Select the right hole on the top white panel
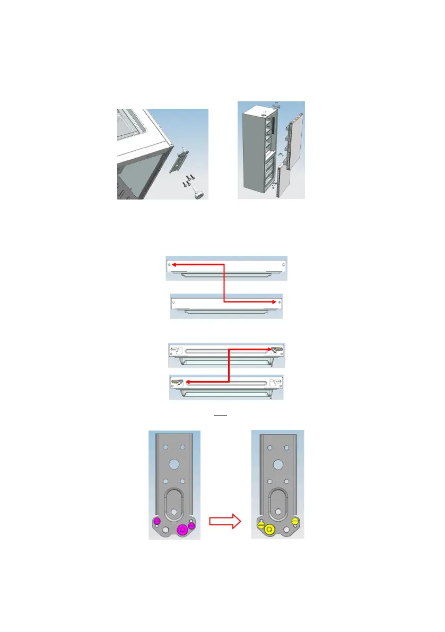[284, 264]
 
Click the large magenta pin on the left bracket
[184, 529]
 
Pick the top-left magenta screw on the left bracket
[157, 521]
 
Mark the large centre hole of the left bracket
[174, 463]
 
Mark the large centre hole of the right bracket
[277, 463]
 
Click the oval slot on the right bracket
[277, 501]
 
